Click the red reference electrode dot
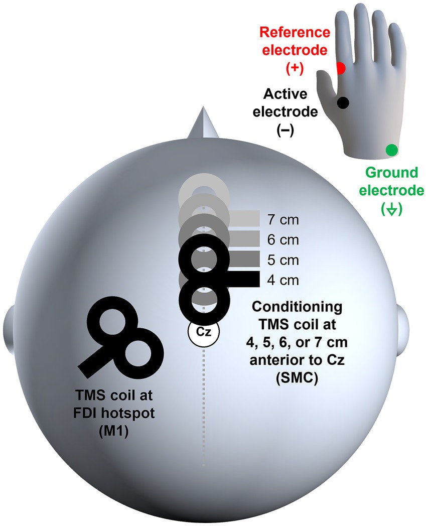click(341, 68)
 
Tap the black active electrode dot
click(343, 102)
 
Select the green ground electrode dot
click(392, 150)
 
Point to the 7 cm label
click(282, 219)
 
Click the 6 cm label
click(282, 239)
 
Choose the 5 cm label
click(282, 260)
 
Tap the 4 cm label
click(282, 280)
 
